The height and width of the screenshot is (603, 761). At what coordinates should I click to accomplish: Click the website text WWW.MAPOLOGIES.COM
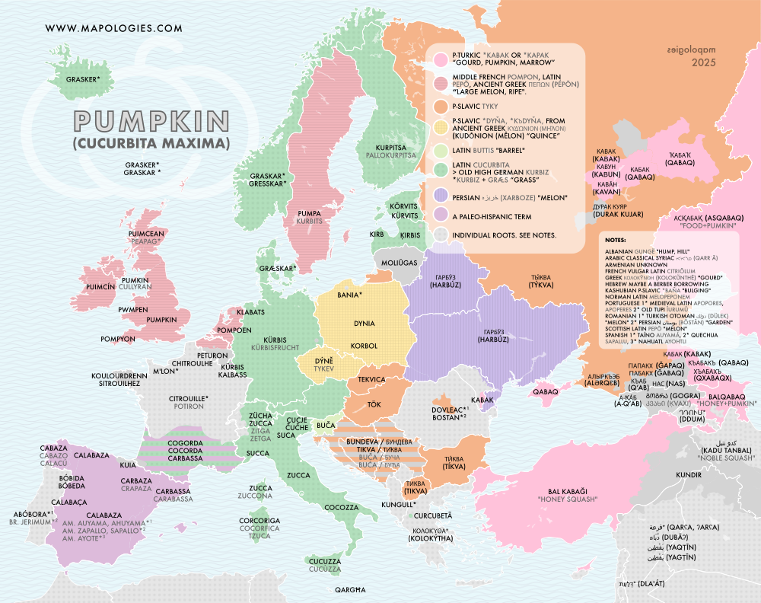(114, 28)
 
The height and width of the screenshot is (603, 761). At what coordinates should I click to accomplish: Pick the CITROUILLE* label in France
(188, 398)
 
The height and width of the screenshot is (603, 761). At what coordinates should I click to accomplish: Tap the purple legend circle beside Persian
(440, 197)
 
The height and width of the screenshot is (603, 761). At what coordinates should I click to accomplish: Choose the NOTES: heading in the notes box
(617, 239)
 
